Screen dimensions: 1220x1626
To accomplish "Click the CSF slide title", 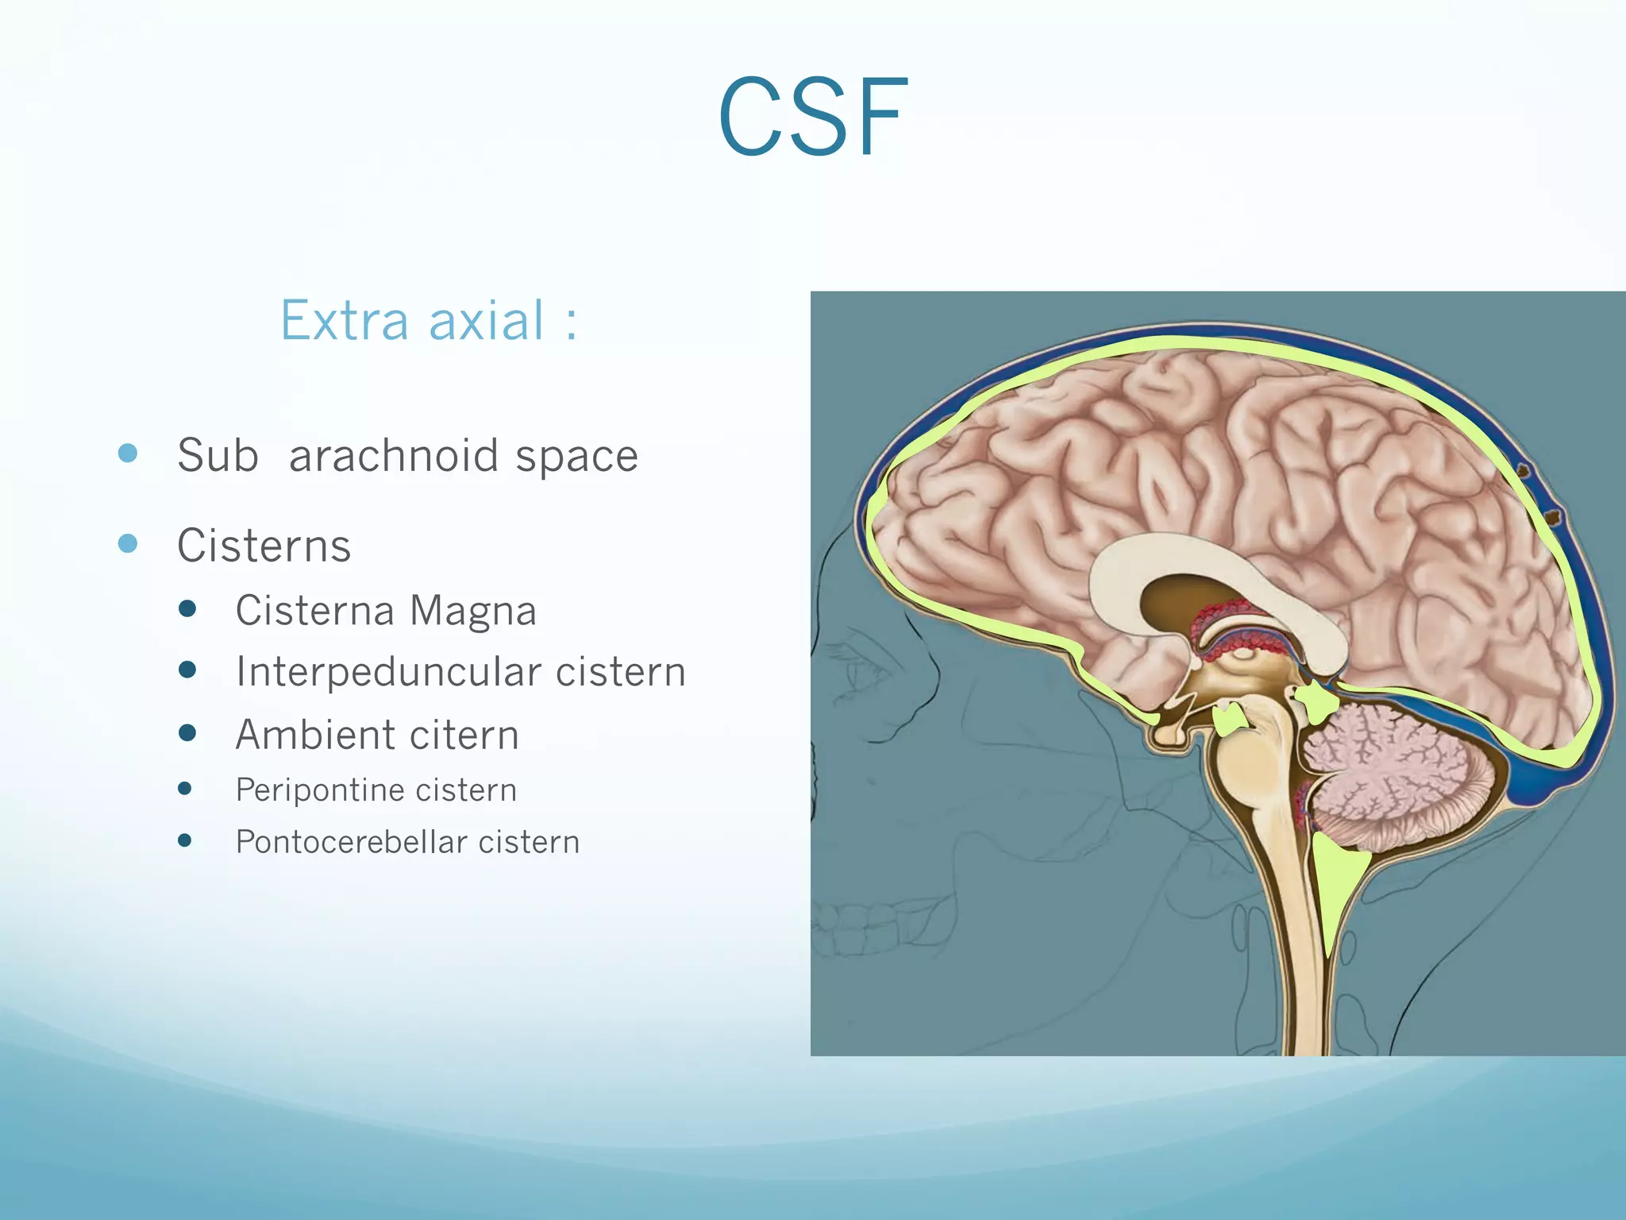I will coord(813,118).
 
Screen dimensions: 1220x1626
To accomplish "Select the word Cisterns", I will coord(264,546).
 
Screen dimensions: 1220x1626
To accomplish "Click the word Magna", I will coord(473,612).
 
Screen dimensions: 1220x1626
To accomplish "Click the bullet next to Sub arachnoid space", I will coord(128,454).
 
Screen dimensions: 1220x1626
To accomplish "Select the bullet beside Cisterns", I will coord(128,544).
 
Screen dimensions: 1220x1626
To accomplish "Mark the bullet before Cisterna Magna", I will coord(187,609).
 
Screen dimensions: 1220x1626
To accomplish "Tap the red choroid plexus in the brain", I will coord(1227,620).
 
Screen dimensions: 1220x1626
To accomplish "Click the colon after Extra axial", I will coord(571,325).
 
